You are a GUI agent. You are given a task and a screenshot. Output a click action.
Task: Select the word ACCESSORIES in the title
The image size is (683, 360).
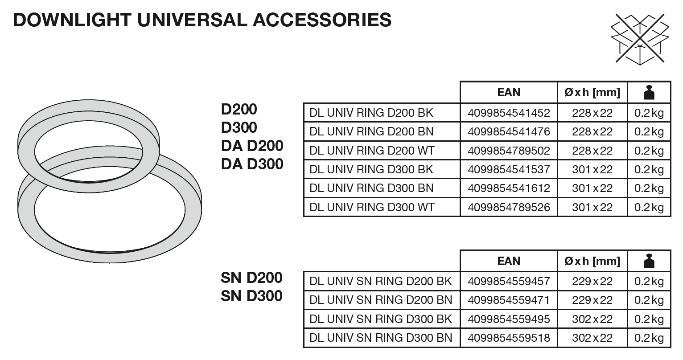322,20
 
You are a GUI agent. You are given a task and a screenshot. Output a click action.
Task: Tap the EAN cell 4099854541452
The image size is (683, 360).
509,113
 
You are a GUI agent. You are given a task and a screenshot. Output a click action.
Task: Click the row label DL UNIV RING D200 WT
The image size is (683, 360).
372,151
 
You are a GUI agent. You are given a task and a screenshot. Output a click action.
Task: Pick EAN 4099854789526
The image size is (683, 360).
509,207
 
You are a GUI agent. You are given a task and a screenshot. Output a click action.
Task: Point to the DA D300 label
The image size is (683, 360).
252,164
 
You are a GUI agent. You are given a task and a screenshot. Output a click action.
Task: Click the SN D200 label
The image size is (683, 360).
251,278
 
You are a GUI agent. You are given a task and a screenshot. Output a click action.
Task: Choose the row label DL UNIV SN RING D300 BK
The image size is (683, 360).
380,319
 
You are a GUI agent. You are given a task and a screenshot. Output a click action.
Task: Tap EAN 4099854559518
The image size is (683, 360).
509,338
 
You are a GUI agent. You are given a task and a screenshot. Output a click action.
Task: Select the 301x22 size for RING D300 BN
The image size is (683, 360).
592,188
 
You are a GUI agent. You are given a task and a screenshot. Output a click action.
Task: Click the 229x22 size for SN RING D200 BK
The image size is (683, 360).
592,282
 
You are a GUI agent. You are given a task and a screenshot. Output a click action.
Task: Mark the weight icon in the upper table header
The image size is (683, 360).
649,92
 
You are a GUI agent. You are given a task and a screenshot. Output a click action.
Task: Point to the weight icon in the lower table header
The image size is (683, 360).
649,261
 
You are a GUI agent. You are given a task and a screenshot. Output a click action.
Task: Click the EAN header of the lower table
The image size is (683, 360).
509,261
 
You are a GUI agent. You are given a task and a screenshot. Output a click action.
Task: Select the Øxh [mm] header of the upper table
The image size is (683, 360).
592,93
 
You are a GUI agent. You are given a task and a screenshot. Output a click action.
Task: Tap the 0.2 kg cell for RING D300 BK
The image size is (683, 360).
649,170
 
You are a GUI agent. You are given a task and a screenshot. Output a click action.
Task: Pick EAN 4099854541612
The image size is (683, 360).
509,188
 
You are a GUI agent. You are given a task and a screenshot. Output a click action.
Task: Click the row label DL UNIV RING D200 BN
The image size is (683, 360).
371,132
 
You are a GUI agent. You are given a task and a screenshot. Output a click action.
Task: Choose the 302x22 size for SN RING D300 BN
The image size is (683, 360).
592,338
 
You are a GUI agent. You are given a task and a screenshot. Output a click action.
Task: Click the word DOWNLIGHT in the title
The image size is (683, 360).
72,20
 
